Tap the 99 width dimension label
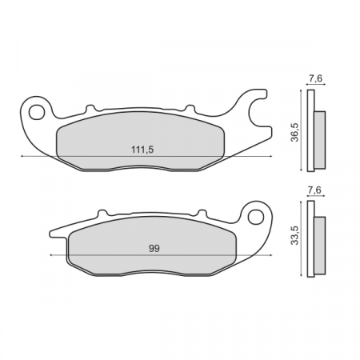(x=154, y=249)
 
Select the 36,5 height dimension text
(x=294, y=130)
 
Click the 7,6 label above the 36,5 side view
(x=314, y=78)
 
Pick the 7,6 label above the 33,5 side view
(x=314, y=190)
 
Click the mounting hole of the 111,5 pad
(x=35, y=110)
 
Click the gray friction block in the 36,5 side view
(x=319, y=140)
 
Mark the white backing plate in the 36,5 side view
(x=310, y=130)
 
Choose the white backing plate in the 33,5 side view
(x=310, y=237)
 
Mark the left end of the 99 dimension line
(x=50, y=254)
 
